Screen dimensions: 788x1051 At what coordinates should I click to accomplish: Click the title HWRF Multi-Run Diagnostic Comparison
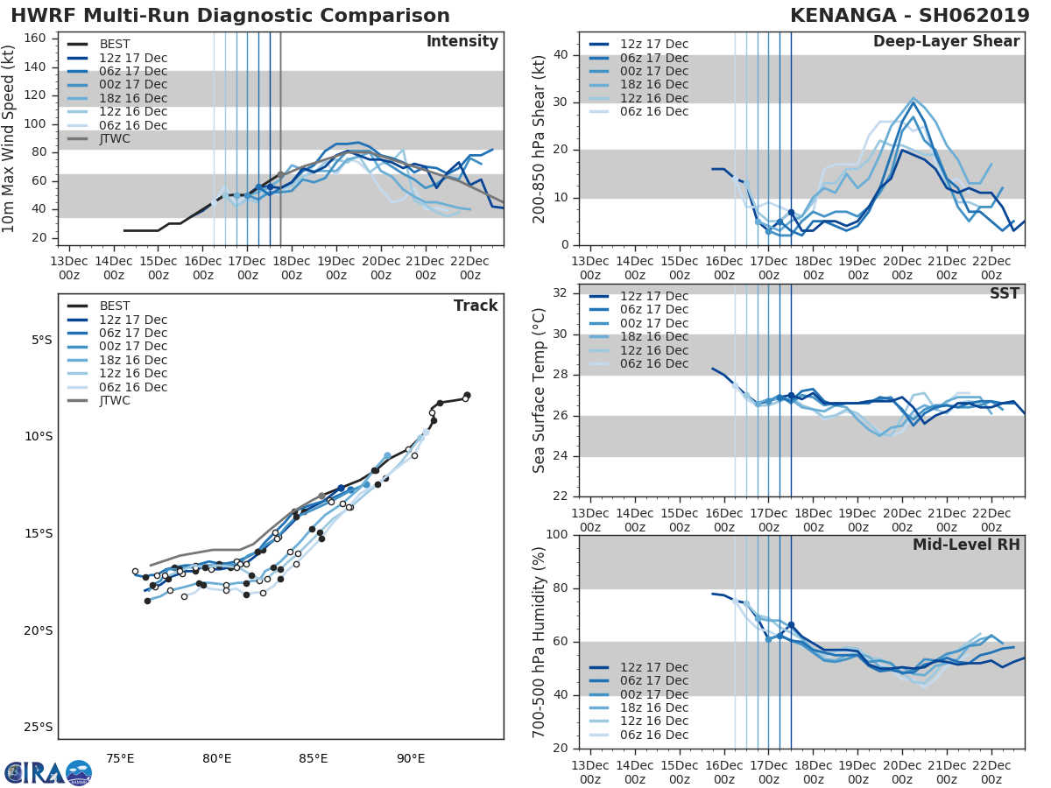click(230, 16)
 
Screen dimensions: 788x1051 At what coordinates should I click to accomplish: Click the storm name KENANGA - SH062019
click(906, 16)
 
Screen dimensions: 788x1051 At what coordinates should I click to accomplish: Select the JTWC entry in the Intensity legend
click(115, 138)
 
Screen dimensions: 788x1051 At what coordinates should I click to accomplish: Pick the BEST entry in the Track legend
click(115, 306)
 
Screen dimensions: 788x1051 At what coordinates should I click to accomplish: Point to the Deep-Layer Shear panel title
click(946, 42)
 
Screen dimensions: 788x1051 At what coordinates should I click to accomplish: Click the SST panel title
click(1005, 293)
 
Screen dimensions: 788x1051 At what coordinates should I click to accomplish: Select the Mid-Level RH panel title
click(966, 545)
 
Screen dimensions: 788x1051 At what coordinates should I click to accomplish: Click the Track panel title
click(476, 306)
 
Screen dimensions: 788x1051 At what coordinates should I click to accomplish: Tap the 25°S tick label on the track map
click(39, 727)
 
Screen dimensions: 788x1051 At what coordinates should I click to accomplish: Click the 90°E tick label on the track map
click(411, 758)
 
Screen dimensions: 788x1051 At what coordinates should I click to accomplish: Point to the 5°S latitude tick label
click(42, 340)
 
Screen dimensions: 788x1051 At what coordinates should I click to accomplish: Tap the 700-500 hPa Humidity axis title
click(540, 642)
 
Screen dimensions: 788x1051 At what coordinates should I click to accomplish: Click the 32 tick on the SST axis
click(561, 292)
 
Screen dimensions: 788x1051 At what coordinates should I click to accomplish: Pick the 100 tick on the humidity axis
click(557, 535)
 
